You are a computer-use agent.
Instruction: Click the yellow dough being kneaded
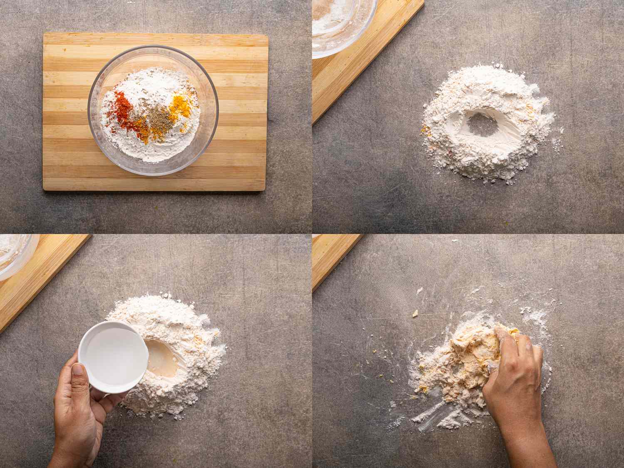pyautogui.click(x=474, y=358)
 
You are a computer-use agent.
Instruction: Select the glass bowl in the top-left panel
pyautogui.click(x=153, y=110)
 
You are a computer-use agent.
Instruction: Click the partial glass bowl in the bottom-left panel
pyautogui.click(x=15, y=254)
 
